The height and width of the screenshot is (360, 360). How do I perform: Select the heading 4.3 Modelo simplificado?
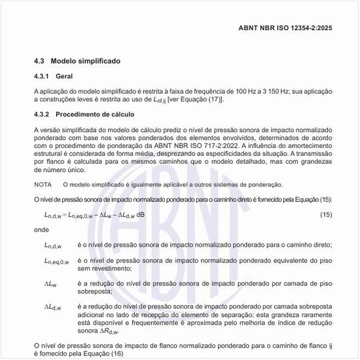click(x=77, y=61)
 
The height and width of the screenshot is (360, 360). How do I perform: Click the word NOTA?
click(x=43, y=185)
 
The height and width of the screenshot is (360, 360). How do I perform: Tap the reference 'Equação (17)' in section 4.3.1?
click(x=201, y=99)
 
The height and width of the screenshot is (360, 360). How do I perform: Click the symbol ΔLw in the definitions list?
click(x=50, y=285)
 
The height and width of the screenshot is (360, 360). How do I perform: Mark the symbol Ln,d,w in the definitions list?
click(x=53, y=246)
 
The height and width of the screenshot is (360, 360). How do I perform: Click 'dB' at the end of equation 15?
click(x=141, y=215)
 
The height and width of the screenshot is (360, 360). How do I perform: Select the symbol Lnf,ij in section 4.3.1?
click(x=155, y=100)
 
